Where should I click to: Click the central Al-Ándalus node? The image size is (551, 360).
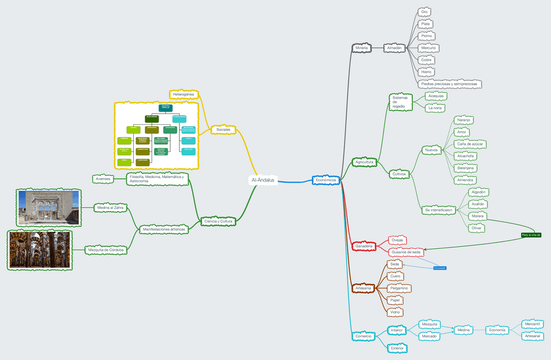(263, 180)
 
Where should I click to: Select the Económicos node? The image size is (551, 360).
(326, 180)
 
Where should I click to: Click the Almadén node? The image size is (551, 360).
(394, 47)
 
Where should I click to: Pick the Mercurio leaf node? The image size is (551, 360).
(428, 47)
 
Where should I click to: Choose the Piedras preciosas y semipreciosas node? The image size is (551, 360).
(449, 84)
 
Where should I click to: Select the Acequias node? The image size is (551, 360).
(436, 96)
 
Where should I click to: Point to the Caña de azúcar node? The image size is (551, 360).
(470, 144)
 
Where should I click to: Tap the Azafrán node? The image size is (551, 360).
(478, 204)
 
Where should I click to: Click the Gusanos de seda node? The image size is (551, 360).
(407, 251)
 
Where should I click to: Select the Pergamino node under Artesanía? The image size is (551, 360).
(400, 288)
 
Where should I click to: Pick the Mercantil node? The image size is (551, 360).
(532, 324)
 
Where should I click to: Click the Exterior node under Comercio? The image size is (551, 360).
(398, 348)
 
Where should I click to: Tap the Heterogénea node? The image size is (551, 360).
(184, 94)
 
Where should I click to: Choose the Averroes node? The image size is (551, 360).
(103, 178)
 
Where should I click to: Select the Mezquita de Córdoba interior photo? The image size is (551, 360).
(40, 250)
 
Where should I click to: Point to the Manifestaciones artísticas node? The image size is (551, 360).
(163, 229)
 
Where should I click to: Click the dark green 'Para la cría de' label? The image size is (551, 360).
(531, 235)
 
